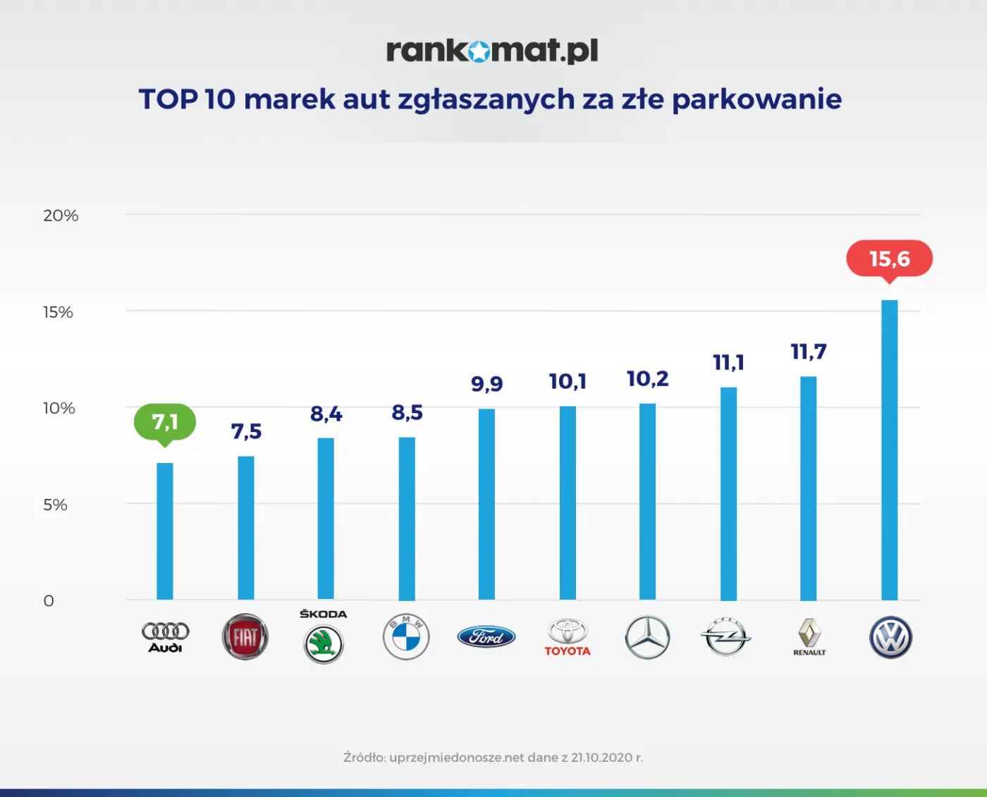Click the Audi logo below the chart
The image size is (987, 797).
tap(165, 636)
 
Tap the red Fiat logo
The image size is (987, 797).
tap(245, 637)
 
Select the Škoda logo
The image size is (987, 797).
tap(324, 638)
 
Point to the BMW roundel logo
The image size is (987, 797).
tap(406, 637)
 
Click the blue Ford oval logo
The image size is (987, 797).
tap(486, 637)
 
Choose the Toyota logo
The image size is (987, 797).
tap(568, 637)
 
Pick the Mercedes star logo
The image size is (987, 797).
tap(647, 637)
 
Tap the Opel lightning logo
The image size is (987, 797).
tap(726, 637)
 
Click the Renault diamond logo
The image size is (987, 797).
tap(809, 636)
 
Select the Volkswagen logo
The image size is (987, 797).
tap(890, 638)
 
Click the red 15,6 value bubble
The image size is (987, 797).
tap(889, 259)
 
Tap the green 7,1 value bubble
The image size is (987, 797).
tap(165, 422)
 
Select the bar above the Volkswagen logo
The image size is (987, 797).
tap(890, 450)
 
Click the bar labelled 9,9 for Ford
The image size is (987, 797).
tap(486, 504)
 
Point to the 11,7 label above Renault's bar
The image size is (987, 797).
tap(808, 352)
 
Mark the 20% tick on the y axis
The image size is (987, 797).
tap(61, 216)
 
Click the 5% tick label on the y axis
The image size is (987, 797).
tap(55, 505)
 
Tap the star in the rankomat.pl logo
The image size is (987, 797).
tap(479, 51)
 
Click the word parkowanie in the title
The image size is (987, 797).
tap(756, 99)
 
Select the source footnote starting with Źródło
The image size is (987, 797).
tap(493, 758)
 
